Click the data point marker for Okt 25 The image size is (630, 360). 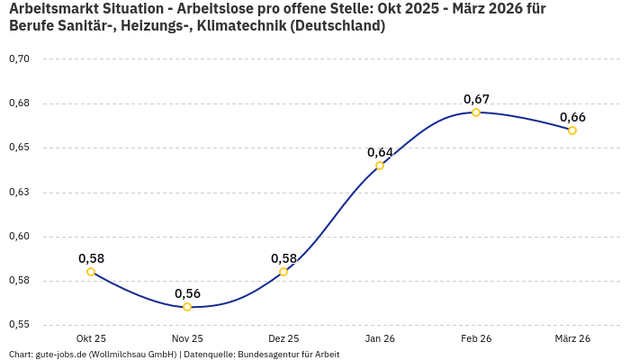[x=91, y=272]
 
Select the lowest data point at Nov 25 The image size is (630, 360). [x=187, y=307]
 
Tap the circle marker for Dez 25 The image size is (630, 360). [x=283, y=272]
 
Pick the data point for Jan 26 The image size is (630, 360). [x=380, y=166]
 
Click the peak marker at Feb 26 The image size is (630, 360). [x=476, y=112]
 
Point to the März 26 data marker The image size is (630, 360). [x=572, y=130]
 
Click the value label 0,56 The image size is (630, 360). [x=187, y=293]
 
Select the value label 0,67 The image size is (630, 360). [x=476, y=98]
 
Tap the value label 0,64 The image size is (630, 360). [x=380, y=152]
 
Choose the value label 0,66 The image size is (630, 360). [x=572, y=117]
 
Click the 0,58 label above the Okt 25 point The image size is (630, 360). [x=91, y=258]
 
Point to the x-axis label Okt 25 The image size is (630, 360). [x=91, y=338]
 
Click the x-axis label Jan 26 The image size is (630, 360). [x=380, y=338]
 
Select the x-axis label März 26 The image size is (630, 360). [x=572, y=338]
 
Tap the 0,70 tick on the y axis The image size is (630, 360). [x=19, y=59]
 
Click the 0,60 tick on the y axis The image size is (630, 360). [x=19, y=237]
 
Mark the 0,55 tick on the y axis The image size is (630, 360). [x=19, y=325]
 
